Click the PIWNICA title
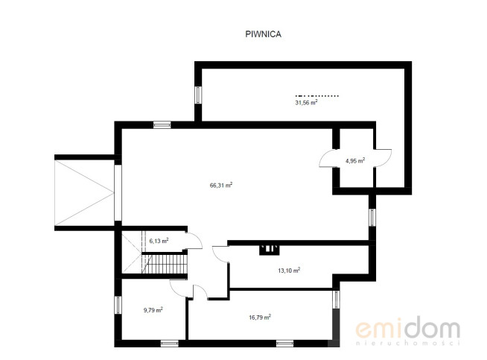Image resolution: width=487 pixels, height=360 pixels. [x=263, y=34]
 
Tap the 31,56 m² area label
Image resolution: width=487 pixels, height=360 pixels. [x=306, y=103]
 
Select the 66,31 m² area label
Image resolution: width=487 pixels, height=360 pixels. [x=221, y=186]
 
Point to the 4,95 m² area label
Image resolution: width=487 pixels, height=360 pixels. [x=355, y=161]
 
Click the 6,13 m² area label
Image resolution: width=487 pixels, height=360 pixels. [x=159, y=241]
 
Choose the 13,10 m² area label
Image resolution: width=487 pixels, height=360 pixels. [x=289, y=271]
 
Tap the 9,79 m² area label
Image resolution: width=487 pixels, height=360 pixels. [x=153, y=310]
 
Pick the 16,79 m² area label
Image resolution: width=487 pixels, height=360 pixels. [x=260, y=318]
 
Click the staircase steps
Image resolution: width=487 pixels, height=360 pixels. [x=165, y=264]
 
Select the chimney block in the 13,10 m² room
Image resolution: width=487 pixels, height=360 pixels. [x=270, y=250]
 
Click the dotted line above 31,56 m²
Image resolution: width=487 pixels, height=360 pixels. [x=316, y=95]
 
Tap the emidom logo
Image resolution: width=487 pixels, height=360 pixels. [x=408, y=331]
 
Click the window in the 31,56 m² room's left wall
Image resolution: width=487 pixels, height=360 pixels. [x=198, y=95]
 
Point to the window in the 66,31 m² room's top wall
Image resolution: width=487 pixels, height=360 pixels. [x=162, y=125]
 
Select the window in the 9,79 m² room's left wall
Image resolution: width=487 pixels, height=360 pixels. [x=118, y=305]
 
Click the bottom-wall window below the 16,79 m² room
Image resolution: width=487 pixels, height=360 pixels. [x=284, y=344]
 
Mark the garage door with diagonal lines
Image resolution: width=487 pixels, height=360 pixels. [x=84, y=193]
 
